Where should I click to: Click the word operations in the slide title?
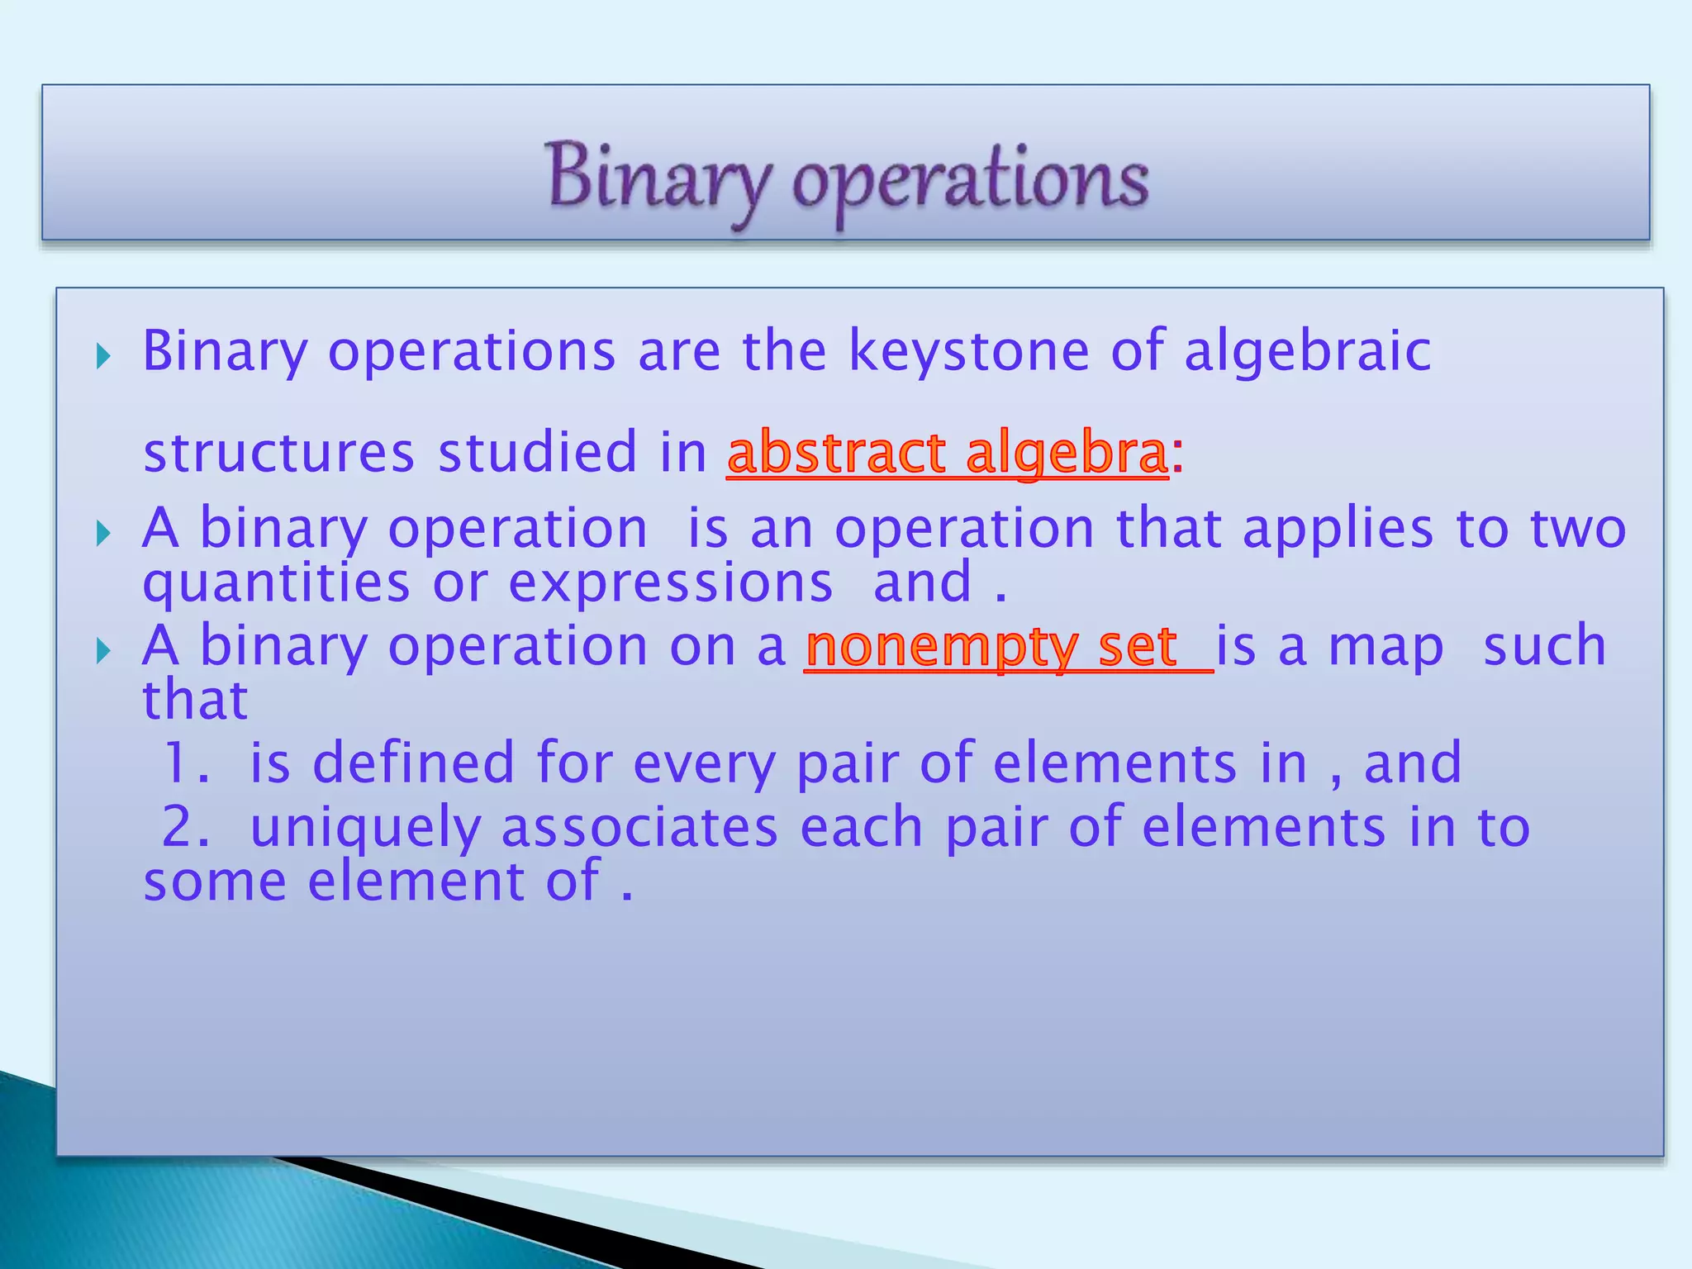pos(970,180)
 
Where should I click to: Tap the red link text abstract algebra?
pos(947,454)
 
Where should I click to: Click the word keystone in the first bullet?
pos(969,352)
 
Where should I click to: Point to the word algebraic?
pos(1307,352)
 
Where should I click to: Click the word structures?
pos(278,454)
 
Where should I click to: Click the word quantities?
pos(276,583)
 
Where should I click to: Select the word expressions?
pos(670,583)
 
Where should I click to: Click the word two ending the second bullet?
pos(1578,529)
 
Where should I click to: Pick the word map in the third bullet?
pos(1385,647)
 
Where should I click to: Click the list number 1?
pos(182,763)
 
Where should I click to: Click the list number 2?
pos(183,827)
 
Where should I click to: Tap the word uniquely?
pos(364,829)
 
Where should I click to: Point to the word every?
pos(703,764)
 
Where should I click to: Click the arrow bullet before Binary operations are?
pos(103,357)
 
